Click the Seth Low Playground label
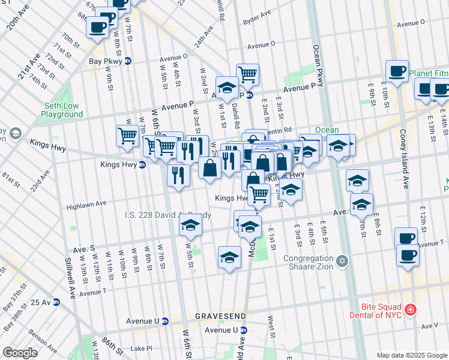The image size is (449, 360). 62,109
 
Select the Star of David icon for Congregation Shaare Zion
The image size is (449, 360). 342,261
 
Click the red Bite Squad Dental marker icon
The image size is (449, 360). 411,310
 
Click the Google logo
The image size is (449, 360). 20,353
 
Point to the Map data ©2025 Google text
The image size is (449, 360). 411,355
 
